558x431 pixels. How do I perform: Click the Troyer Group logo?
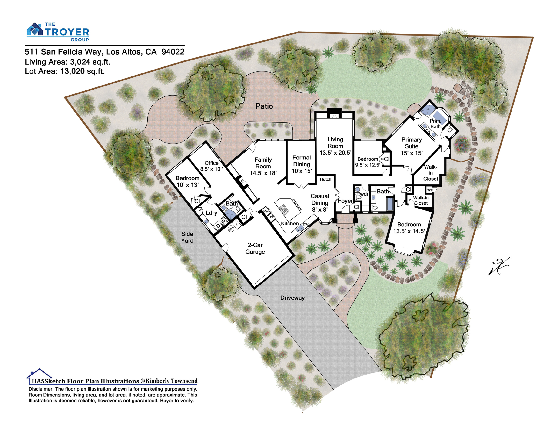click(x=58, y=32)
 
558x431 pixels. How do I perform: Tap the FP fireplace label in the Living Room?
click(x=334, y=116)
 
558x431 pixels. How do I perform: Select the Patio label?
click(x=264, y=106)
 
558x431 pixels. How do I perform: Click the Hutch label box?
click(x=325, y=179)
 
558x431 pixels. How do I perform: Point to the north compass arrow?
click(x=499, y=266)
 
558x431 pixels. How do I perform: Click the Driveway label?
click(x=292, y=298)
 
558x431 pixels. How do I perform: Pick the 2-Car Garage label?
click(x=255, y=248)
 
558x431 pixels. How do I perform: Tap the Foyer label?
click(x=345, y=201)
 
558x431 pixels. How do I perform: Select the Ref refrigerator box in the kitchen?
click(x=266, y=211)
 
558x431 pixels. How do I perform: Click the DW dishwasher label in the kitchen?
click(x=305, y=224)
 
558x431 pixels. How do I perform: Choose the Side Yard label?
click(x=187, y=237)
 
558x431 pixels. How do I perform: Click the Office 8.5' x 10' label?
click(x=211, y=166)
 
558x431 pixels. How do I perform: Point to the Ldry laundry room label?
click(x=211, y=213)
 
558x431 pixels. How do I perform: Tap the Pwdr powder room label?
click(x=362, y=194)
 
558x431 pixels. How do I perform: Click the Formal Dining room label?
click(x=302, y=164)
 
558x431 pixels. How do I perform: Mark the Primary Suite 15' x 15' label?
click(x=412, y=146)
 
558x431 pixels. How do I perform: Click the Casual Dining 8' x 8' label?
click(x=320, y=203)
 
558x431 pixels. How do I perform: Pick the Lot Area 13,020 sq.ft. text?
click(x=65, y=71)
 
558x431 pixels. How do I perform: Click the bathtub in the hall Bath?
click(x=390, y=204)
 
